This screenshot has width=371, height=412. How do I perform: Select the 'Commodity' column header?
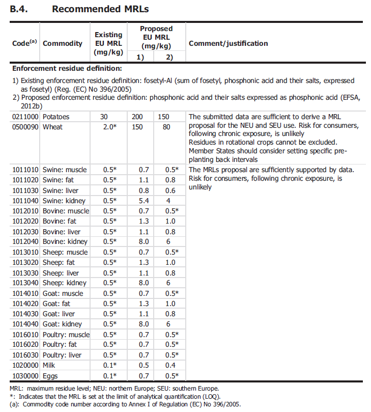pos(63,43)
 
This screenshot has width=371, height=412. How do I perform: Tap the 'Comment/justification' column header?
pos(228,43)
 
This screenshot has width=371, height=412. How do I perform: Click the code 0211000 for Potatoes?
pos(26,117)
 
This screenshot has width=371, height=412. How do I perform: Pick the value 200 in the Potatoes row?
pos(137,117)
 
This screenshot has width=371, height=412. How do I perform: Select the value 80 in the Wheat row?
pos(165,127)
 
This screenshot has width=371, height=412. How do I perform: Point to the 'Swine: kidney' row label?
pos(64,201)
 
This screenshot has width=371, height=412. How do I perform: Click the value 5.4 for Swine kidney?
pos(137,201)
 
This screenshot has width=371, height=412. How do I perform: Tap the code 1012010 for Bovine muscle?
pos(26,211)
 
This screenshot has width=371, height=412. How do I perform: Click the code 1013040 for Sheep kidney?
pos(26,283)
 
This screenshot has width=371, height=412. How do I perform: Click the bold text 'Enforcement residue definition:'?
pos(67,68)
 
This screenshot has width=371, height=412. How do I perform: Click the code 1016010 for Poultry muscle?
pos(26,335)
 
